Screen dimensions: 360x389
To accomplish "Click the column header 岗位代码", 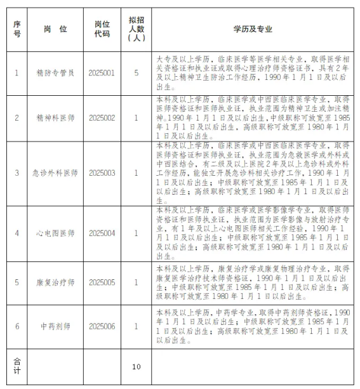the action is tap(102, 29).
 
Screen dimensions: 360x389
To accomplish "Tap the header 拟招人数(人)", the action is tap(136, 29).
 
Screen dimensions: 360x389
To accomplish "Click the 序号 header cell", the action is tap(17, 29).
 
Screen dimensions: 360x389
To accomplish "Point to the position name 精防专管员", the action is tap(55, 73).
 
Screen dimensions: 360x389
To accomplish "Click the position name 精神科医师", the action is tap(55, 117).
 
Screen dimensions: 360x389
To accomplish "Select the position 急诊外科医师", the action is tap(55, 173).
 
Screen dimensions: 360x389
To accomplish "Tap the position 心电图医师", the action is tap(55, 233).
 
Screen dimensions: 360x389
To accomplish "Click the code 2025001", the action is tap(102, 73).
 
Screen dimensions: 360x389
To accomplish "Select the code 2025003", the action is tap(102, 173).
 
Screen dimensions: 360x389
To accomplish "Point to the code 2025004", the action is tap(102, 233).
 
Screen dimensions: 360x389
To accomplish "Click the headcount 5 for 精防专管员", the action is tap(136, 73).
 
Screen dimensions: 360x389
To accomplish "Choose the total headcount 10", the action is tap(136, 366).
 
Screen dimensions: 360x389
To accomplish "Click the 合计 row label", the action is tap(17, 366).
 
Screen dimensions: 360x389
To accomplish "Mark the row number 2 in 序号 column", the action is tap(17, 117).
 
